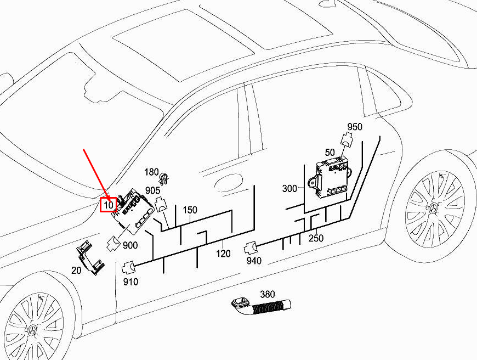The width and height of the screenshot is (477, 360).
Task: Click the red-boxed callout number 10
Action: [x=109, y=205]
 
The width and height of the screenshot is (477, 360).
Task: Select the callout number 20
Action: [x=77, y=270]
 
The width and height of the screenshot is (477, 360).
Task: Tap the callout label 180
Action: [x=151, y=172]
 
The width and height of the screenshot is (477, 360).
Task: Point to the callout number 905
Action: [x=153, y=191]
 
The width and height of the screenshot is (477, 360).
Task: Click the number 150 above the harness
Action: [x=190, y=210]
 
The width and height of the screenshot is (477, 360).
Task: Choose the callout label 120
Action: [x=223, y=254]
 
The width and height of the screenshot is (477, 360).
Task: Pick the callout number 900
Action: [x=130, y=245]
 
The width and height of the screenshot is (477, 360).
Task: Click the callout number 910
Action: [x=130, y=282]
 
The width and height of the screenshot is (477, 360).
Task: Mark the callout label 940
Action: [x=253, y=261]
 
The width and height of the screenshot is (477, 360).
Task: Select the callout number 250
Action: [x=316, y=238]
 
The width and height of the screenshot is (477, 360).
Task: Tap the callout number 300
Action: [x=289, y=189]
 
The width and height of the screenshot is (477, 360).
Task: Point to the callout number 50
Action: [x=330, y=151]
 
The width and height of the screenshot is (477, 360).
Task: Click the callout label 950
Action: [x=355, y=127]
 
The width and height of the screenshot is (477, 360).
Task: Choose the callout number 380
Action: [x=267, y=294]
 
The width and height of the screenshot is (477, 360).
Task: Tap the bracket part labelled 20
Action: [x=89, y=257]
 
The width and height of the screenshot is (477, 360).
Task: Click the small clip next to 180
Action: [x=164, y=177]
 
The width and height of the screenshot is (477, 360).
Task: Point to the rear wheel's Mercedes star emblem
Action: [x=434, y=210]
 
